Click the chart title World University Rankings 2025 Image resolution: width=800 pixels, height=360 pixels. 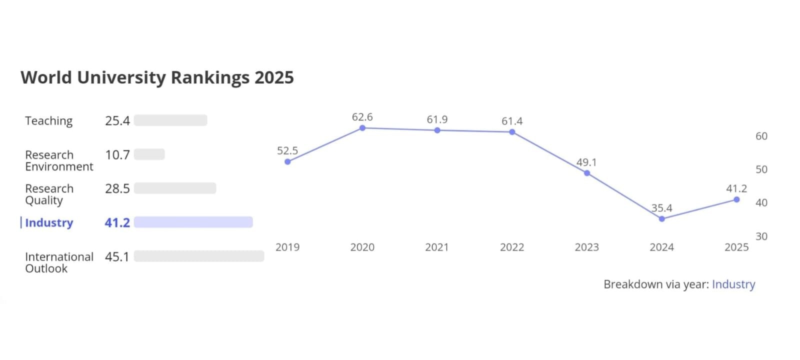pos(157,77)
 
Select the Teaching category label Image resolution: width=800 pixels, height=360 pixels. pos(49,121)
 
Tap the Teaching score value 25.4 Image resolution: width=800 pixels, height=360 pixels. pos(117,121)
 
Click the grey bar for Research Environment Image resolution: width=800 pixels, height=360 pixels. pos(149,154)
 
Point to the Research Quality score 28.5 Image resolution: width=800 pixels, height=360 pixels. pos(117,188)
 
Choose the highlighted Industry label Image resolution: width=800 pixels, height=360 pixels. pos(49,222)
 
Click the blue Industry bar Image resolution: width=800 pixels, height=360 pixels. pos(193,222)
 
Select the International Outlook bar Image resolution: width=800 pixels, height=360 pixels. pos(198,256)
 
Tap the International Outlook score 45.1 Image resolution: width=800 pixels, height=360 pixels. pos(117,256)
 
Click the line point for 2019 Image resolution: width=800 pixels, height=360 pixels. pos(287,161)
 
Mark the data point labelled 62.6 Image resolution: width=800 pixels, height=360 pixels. pos(362,128)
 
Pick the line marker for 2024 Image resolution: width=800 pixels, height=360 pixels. pos(662,218)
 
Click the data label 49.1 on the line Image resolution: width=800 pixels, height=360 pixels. pos(586,162)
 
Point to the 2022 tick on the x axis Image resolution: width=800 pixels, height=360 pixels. pos(512,247)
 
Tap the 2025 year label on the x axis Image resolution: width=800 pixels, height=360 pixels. pos(736,247)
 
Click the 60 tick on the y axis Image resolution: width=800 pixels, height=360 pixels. pos(761,136)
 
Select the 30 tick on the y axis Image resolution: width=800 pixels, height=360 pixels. pos(761,236)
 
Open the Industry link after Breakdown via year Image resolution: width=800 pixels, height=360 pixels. pos(733,284)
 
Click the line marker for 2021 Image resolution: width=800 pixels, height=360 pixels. pos(437,130)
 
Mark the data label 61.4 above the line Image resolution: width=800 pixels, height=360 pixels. pos(512,121)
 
